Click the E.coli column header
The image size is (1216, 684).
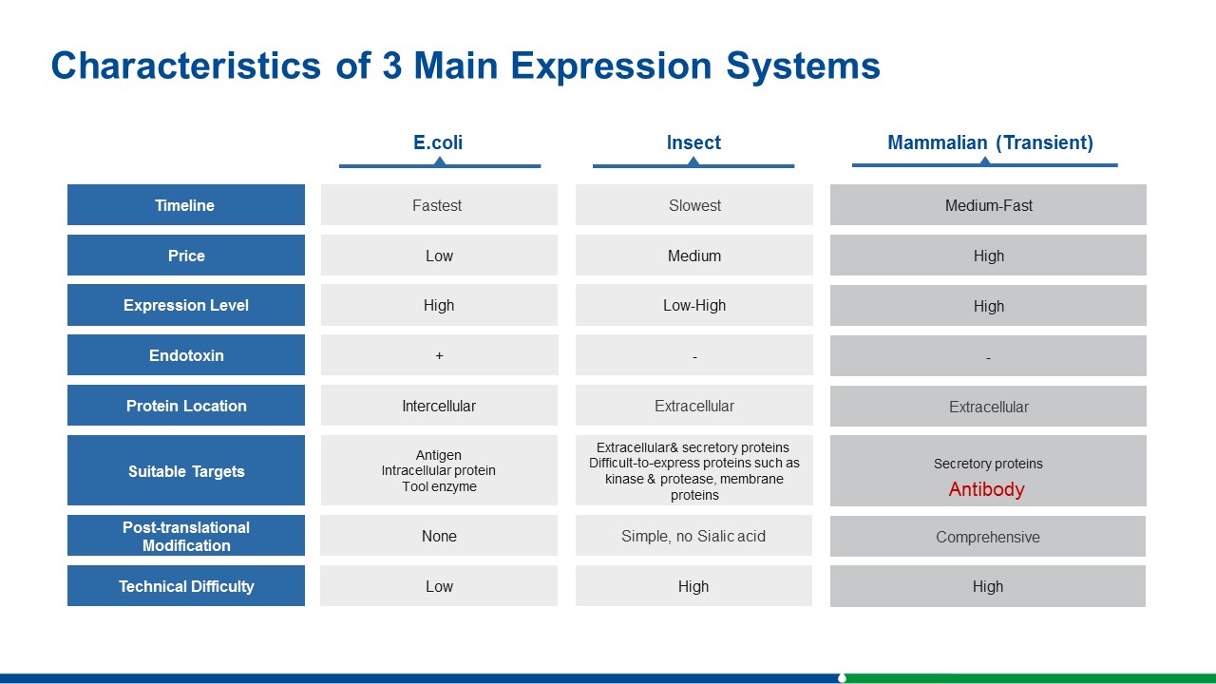[x=438, y=142]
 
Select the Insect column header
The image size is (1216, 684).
[x=693, y=142]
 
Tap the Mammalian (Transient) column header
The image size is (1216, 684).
[x=990, y=142]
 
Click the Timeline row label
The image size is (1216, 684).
[x=184, y=205]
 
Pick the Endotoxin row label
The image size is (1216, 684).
[x=186, y=355]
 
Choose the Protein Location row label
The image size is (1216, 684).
[x=186, y=406]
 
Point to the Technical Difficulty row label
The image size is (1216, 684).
[x=186, y=586]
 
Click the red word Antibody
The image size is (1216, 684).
[x=986, y=489]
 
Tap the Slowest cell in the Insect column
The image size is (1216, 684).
[x=694, y=205]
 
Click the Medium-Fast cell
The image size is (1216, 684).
[x=989, y=205]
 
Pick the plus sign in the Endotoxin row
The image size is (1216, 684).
[x=439, y=355]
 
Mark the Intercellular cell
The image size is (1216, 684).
[x=439, y=406]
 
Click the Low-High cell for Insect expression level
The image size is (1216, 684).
[x=694, y=306]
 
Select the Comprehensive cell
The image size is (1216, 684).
[x=987, y=537]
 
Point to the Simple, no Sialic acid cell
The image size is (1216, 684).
[x=693, y=537]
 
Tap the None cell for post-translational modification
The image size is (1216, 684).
[x=439, y=537]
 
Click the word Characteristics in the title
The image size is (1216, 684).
[x=185, y=66]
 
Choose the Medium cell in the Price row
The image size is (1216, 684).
[x=694, y=256]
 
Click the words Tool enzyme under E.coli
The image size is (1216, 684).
[x=439, y=486]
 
